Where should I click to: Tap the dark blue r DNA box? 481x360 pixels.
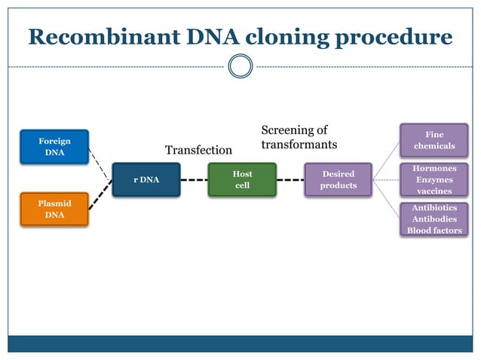[x=146, y=180]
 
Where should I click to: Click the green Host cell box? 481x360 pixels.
[x=242, y=180]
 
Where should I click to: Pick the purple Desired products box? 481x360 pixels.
[x=339, y=180]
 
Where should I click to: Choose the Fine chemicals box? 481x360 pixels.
[x=434, y=140]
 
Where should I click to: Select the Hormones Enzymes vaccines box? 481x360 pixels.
[x=434, y=180]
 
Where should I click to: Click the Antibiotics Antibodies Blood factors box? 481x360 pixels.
[x=434, y=219]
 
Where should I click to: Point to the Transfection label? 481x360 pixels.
[x=198, y=150]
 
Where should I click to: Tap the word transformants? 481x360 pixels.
[x=299, y=144]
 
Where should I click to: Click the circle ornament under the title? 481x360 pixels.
[x=240, y=66]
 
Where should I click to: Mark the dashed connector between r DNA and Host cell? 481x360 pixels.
[x=194, y=180]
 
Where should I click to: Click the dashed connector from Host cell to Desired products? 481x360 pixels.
[x=290, y=180]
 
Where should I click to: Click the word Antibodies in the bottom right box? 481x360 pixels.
[x=434, y=219]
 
